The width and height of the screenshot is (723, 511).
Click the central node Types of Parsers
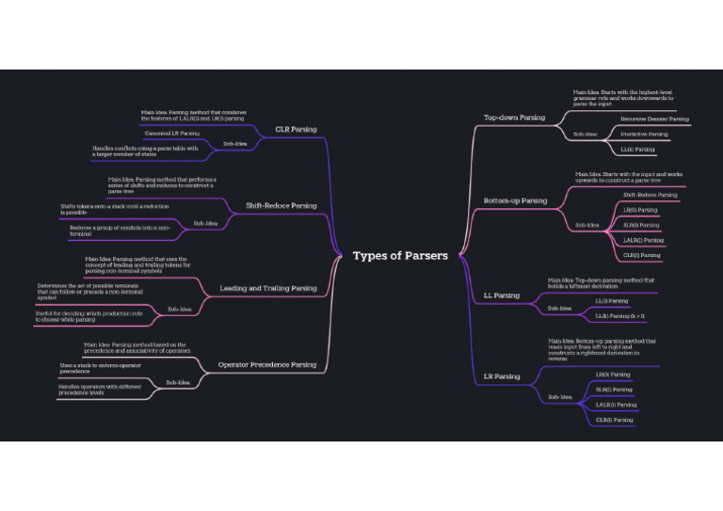click(x=400, y=256)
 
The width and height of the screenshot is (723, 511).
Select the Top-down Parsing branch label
click(x=513, y=118)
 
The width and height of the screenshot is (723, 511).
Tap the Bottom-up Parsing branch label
click(x=515, y=200)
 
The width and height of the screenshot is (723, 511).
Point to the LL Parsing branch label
click(x=501, y=295)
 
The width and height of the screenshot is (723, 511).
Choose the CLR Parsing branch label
click(x=296, y=129)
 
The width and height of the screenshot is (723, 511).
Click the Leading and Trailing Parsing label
click(x=267, y=288)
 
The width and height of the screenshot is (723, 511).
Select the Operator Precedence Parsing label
click(x=267, y=364)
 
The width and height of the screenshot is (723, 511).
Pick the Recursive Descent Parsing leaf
click(x=654, y=120)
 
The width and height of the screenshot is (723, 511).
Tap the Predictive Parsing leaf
click(x=644, y=135)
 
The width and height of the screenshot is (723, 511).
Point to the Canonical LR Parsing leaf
click(x=172, y=134)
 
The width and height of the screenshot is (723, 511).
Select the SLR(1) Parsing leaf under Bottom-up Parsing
click(x=641, y=225)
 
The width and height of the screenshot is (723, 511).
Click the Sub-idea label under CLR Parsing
click(x=234, y=144)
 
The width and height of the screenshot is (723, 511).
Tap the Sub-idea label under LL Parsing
click(x=559, y=308)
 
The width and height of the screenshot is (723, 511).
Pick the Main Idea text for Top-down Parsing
click(x=622, y=98)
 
